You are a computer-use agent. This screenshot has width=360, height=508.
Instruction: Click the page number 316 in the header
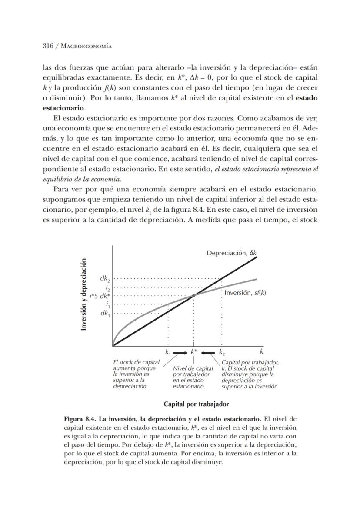(x=48, y=46)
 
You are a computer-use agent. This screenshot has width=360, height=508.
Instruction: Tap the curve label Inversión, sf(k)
(x=245, y=293)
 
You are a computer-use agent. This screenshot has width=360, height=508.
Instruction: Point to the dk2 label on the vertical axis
(x=105, y=278)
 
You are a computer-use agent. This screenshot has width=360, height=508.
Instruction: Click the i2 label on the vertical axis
(x=107, y=287)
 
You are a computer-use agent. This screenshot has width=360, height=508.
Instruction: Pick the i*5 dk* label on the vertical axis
(x=100, y=296)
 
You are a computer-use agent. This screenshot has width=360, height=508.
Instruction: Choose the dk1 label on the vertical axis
(x=105, y=313)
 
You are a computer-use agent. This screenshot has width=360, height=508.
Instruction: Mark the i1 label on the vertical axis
(x=107, y=304)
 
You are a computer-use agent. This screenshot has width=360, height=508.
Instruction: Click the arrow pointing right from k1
(x=180, y=352)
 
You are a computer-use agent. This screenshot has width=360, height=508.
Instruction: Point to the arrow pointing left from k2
(x=208, y=352)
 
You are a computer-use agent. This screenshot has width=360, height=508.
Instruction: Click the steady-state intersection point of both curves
(x=193, y=295)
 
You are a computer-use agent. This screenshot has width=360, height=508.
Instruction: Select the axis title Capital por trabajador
(x=196, y=404)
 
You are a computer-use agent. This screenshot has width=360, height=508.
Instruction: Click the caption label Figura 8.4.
(x=80, y=420)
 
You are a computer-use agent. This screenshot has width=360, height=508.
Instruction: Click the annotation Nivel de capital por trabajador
(x=193, y=371)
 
